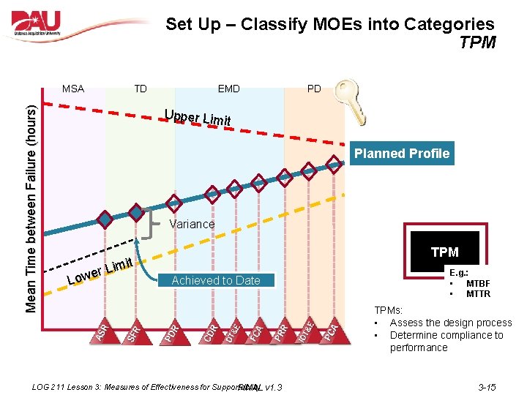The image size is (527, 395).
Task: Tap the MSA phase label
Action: (x=72, y=89)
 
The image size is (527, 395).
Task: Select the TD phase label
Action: (x=140, y=89)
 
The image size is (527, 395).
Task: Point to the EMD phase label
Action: (x=228, y=89)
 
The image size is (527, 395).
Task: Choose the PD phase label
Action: (x=314, y=89)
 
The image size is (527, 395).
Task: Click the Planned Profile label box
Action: (x=401, y=154)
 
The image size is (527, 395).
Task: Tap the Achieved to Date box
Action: (x=216, y=280)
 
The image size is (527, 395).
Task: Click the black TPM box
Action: (x=444, y=252)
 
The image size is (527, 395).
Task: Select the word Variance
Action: (x=192, y=225)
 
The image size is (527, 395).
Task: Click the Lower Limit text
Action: (x=99, y=270)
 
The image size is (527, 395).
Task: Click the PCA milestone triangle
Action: (x=331, y=328)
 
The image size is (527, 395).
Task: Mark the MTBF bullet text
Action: (x=478, y=284)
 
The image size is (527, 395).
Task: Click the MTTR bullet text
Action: (x=478, y=294)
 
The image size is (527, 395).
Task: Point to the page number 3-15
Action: (x=487, y=387)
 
